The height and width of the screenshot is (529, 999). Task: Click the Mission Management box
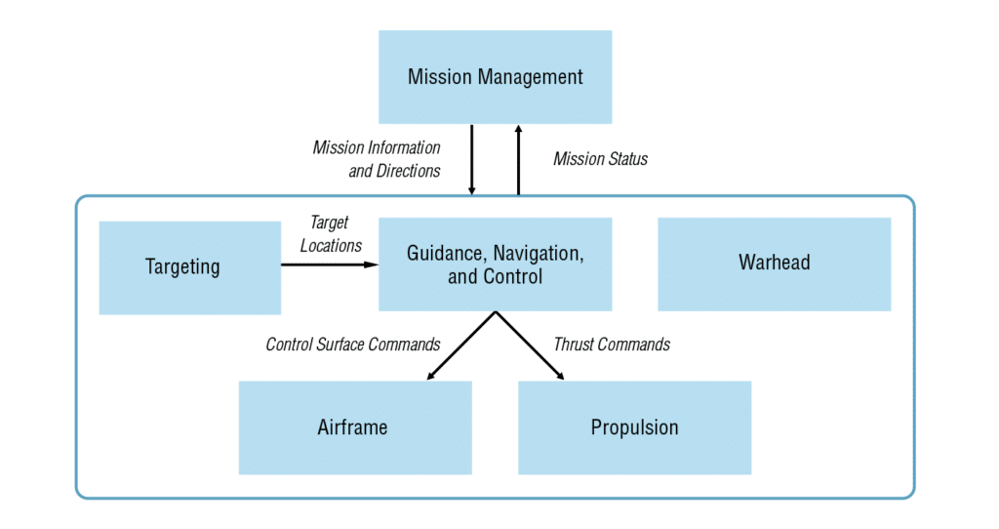click(495, 77)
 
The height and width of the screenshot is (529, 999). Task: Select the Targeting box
click(189, 267)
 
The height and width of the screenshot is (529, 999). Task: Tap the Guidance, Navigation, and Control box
click(495, 264)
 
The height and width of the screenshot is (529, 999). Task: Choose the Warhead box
click(774, 264)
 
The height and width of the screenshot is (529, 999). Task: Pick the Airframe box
click(354, 427)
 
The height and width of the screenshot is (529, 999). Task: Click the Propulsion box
click(634, 427)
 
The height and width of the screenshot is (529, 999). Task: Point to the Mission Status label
click(600, 158)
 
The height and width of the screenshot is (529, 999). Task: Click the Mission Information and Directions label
click(378, 159)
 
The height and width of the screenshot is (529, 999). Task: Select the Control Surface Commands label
click(353, 344)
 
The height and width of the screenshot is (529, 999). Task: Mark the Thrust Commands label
click(612, 344)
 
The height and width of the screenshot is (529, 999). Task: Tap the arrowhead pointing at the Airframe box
click(431, 375)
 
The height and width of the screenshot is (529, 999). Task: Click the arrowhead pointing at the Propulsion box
click(559, 375)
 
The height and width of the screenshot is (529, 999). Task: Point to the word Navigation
click(537, 254)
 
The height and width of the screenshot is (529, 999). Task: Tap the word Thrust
click(574, 344)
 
